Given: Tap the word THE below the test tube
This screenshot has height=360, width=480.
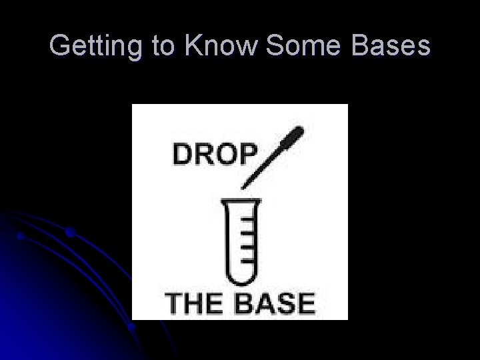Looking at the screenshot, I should point(194,304).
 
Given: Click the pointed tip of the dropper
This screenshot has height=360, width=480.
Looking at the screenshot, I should point(243,185).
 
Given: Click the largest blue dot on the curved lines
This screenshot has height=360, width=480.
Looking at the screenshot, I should point(70,233).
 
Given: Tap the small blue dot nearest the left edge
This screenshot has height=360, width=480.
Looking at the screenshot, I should point(21,236).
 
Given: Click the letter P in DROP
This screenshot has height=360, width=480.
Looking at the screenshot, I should point(246,155).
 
